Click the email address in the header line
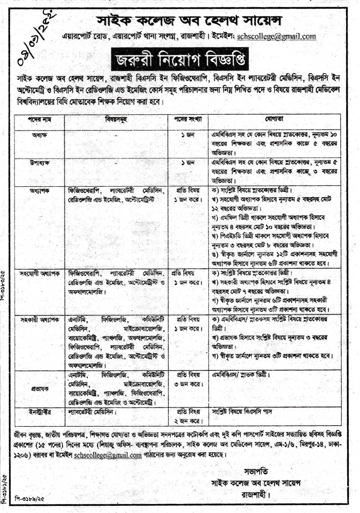276,37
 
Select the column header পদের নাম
40,119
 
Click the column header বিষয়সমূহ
116,119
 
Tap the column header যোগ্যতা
274,119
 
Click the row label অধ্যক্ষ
39,135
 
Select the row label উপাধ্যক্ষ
39,163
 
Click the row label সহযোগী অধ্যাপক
39,273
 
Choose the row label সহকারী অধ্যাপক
39,320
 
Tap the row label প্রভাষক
39,389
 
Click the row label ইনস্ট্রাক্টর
39,412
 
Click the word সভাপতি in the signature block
256,472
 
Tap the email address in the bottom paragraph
108,455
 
